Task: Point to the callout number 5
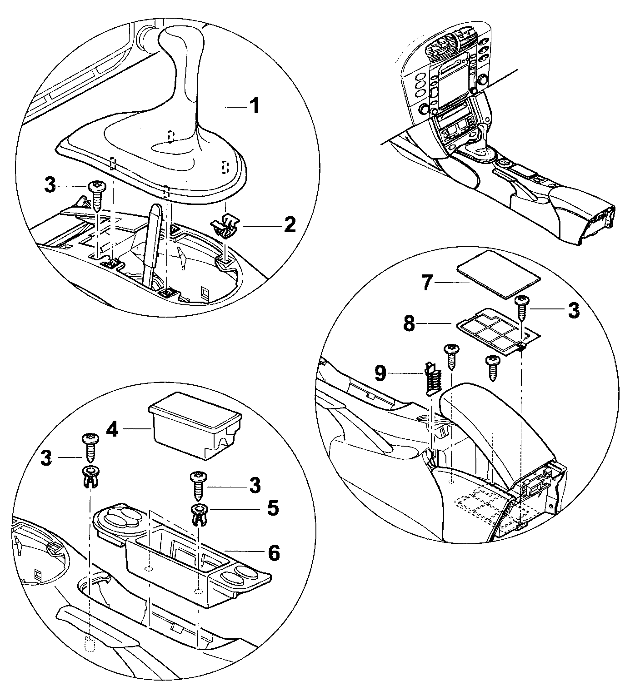tap(272, 508)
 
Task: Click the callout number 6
tap(274, 552)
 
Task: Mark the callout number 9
tap(380, 373)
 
